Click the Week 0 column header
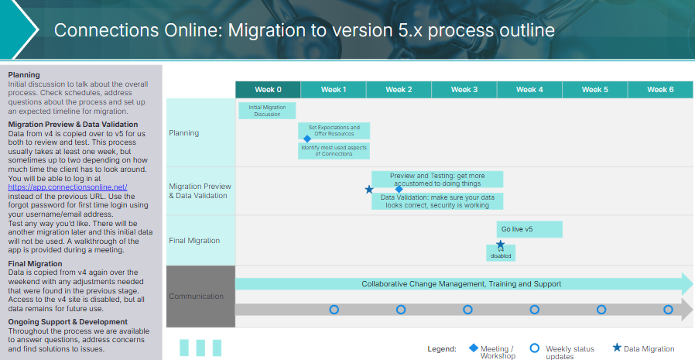pos(268,90)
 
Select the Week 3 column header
pos(464,90)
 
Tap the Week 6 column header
pos(660,90)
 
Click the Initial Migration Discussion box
pos(267,111)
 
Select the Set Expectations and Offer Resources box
pos(334,130)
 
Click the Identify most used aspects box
pos(334,150)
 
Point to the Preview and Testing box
pos(437,179)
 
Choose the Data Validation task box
pos(437,201)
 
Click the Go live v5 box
pos(529,229)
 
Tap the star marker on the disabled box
pos(501,245)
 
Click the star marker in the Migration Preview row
pos(369,189)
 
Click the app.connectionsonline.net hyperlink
pos(67,187)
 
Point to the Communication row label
pos(197,297)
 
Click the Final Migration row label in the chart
pos(194,241)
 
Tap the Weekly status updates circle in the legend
pos(534,348)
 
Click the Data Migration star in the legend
pos(617,348)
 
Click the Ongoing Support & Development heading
pos(67,321)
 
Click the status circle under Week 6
pos(668,310)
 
